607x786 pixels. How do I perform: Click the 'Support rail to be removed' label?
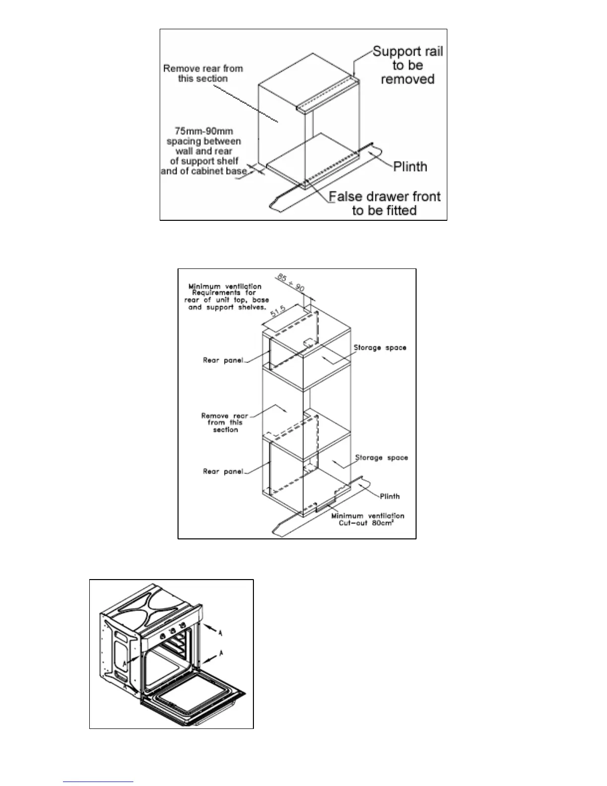pos(408,65)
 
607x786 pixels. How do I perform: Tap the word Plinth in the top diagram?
pos(410,166)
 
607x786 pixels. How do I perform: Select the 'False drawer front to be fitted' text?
pos(384,203)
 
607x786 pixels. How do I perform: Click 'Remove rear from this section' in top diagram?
pos(203,73)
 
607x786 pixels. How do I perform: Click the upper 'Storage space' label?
pos(380,347)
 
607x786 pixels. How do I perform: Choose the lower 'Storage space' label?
pos(381,458)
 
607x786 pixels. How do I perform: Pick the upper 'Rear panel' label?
pos(223,360)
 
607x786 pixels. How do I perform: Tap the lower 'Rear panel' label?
pos(223,471)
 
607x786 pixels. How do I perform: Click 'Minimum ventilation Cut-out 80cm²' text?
pos(367,520)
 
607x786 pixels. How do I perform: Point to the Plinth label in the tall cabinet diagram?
pos(390,496)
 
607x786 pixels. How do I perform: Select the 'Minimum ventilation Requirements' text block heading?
pos(225,286)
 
